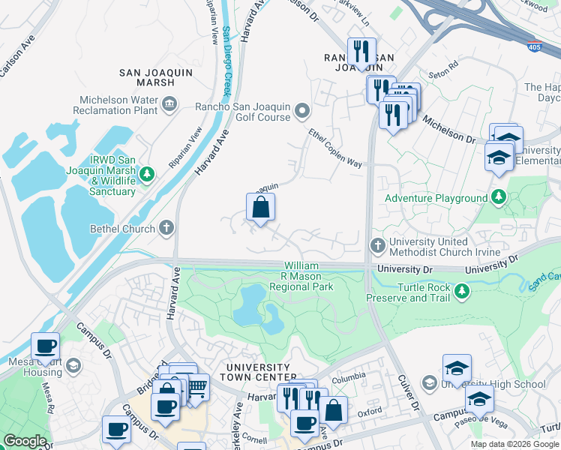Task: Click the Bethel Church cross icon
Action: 166,228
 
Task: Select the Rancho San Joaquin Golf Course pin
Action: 302,112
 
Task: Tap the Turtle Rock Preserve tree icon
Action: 463,291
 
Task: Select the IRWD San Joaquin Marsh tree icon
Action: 148,175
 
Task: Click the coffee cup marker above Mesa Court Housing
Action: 45,346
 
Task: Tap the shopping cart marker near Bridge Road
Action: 196,387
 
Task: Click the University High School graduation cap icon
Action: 429,384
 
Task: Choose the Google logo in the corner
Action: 25,441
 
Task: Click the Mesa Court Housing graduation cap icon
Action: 73,366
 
